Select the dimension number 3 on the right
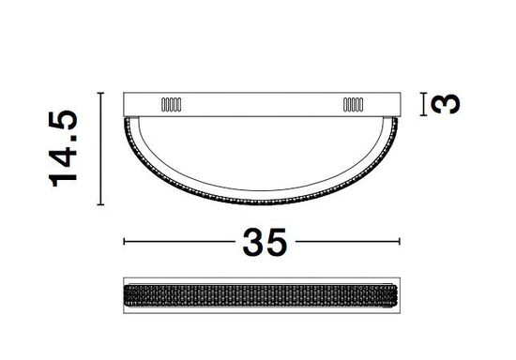[451, 102]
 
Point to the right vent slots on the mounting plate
[353, 104]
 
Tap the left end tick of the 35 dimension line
[125, 242]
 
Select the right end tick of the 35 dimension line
[404, 242]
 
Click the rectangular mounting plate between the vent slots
[265, 103]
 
